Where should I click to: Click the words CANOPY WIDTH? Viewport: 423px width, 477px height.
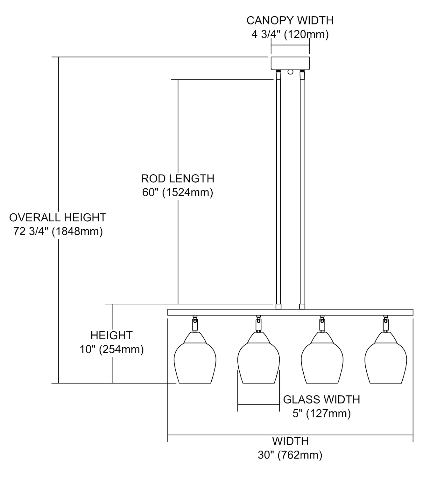click(290, 20)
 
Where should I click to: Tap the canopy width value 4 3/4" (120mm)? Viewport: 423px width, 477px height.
click(290, 35)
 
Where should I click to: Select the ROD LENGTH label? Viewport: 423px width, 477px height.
click(178, 178)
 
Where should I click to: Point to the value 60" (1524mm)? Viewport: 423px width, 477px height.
click(178, 192)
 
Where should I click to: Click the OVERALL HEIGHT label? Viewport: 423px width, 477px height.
click(58, 217)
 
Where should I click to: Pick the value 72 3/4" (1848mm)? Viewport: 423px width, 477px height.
click(58, 232)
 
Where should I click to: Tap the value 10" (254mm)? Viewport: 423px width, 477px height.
click(112, 349)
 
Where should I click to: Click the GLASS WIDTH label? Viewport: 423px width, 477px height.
click(321, 399)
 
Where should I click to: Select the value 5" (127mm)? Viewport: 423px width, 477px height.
click(321, 413)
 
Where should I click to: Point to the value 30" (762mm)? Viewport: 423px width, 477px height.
click(290, 455)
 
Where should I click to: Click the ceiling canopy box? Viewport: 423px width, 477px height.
click(290, 63)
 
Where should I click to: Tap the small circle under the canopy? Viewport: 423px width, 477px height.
click(290, 72)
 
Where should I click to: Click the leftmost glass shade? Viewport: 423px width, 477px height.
click(195, 357)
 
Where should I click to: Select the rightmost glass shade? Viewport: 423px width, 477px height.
click(386, 357)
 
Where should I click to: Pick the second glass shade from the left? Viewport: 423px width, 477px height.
click(258, 357)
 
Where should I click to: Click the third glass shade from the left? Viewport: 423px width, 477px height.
click(322, 357)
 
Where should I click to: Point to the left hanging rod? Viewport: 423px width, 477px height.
click(278, 190)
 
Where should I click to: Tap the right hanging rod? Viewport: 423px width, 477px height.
click(302, 190)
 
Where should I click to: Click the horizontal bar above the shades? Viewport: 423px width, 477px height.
click(290, 312)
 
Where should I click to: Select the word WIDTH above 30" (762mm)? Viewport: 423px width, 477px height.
click(290, 441)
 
